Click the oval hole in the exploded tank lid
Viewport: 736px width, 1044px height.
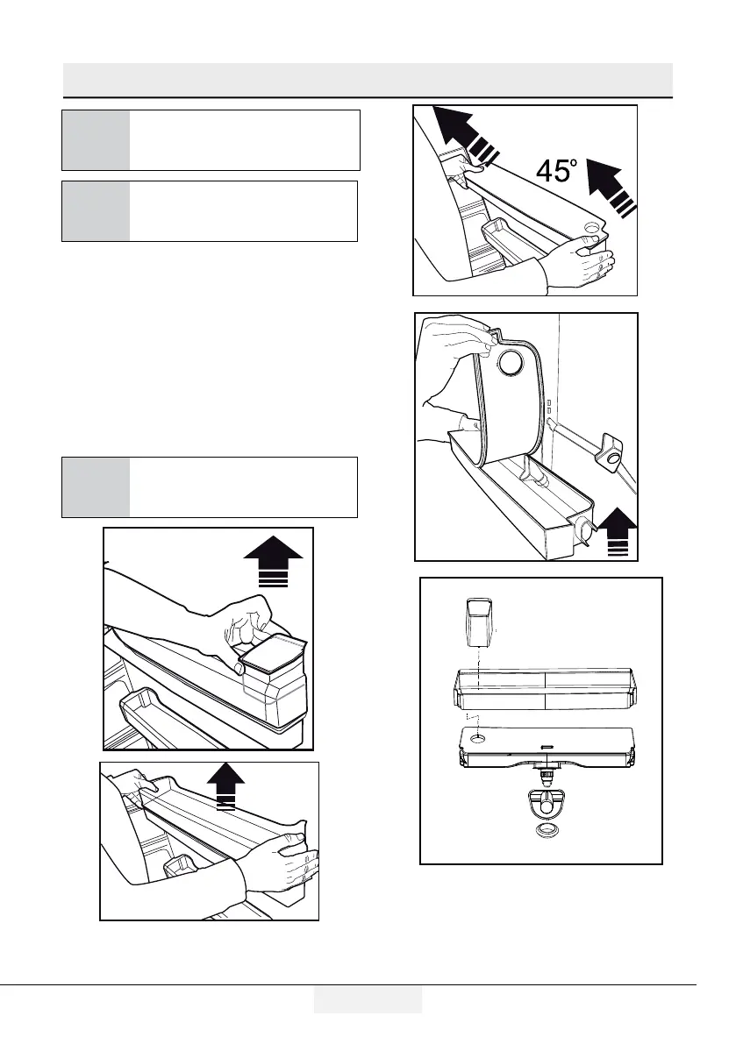pos(478,740)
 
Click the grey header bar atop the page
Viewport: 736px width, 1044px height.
pos(368,80)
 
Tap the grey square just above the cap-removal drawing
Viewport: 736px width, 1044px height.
pos(96,486)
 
